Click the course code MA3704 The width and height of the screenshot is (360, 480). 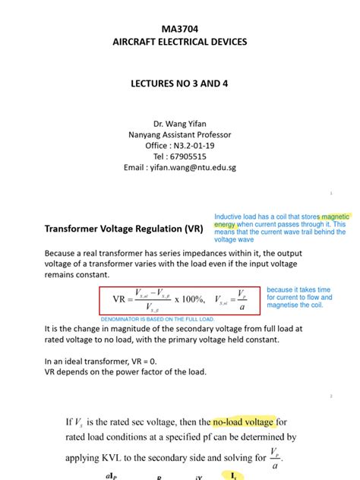179,27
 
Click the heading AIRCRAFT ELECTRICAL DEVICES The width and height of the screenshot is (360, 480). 179,42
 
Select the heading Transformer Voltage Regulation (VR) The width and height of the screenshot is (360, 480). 124,227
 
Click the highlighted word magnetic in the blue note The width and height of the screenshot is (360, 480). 334,216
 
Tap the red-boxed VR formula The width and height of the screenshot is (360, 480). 179,300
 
